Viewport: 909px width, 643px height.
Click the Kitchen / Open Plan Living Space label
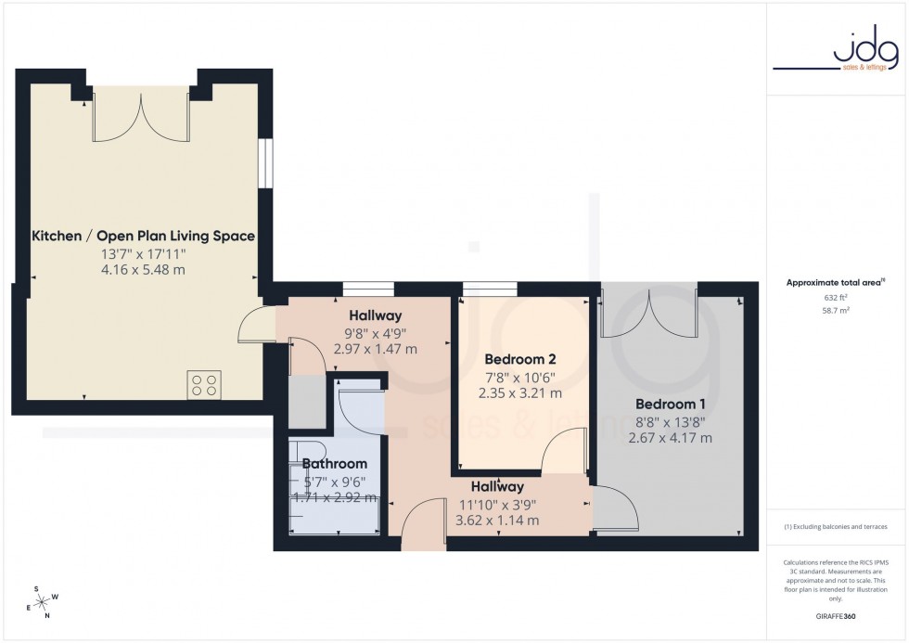(143, 237)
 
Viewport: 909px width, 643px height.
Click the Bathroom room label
(335, 464)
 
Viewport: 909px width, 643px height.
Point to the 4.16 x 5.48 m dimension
(143, 270)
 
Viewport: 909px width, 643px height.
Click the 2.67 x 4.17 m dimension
(674, 438)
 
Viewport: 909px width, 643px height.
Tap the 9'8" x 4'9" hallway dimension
(375, 332)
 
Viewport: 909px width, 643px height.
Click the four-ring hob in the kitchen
(204, 384)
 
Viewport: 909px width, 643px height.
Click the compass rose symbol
(42, 600)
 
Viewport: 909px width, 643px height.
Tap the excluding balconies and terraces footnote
(836, 526)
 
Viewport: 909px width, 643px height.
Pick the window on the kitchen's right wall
(266, 162)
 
